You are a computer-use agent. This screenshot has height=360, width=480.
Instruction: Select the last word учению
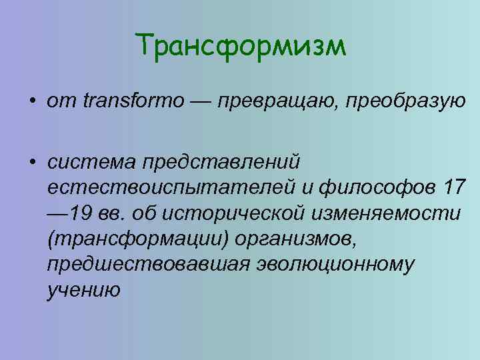click(x=83, y=291)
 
